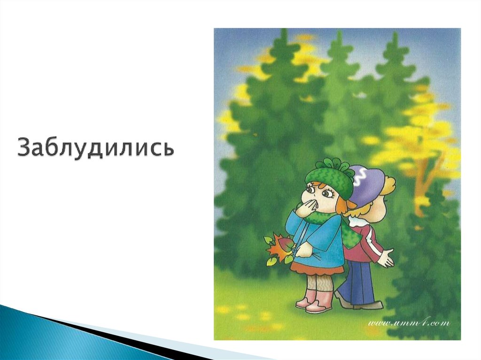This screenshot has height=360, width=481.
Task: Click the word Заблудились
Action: [96, 147]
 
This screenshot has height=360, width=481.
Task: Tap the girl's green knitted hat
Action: [329, 180]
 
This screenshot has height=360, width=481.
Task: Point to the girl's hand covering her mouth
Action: [306, 207]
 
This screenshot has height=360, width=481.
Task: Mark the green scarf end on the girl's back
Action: [350, 235]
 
